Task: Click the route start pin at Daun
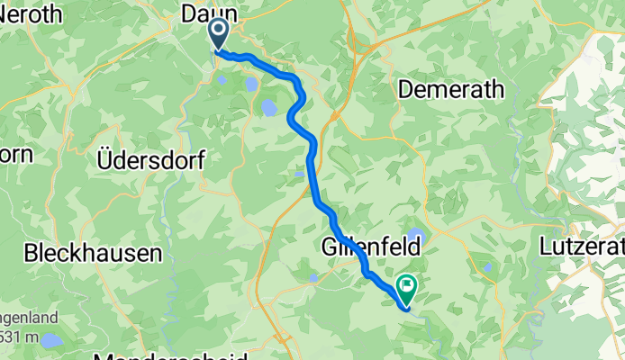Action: pyautogui.click(x=219, y=33)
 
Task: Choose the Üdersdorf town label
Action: pyautogui.click(x=149, y=160)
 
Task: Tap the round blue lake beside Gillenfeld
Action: pyautogui.click(x=415, y=238)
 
